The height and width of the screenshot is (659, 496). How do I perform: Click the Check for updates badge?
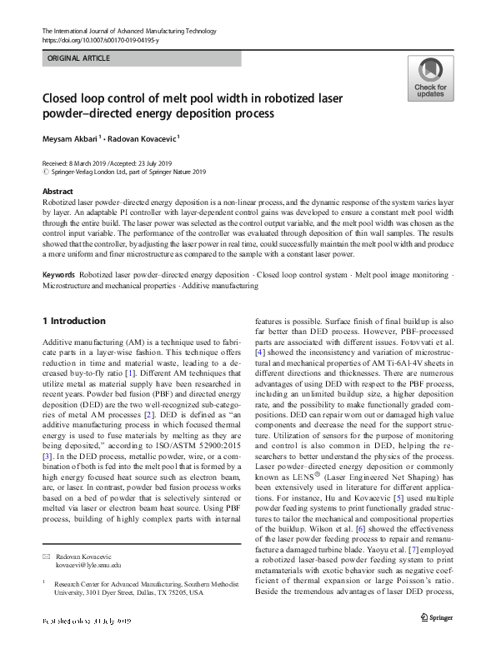(431, 80)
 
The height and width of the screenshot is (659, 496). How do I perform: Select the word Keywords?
(59, 274)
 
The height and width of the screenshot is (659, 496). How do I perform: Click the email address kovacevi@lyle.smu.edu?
(88, 565)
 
